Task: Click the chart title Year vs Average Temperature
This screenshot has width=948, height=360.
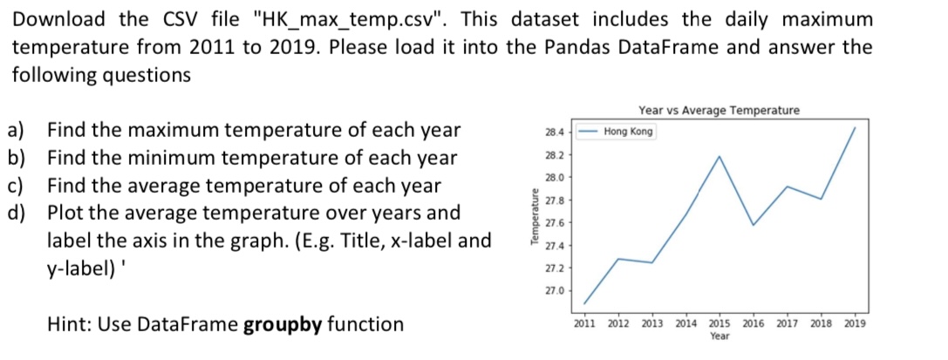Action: (x=719, y=110)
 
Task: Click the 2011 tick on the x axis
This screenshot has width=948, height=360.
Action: (x=584, y=323)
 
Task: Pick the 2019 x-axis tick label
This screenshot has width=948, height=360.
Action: (x=855, y=323)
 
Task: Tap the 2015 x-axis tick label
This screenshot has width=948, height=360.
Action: (x=720, y=323)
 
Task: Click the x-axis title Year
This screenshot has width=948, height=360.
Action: (x=720, y=336)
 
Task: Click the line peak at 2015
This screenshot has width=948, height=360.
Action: (x=720, y=156)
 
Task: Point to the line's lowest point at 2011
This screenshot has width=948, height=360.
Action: (x=584, y=303)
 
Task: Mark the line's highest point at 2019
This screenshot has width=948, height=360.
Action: (x=855, y=127)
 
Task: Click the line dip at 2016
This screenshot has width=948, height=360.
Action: (x=754, y=225)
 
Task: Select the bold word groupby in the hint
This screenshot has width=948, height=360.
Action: (x=282, y=325)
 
